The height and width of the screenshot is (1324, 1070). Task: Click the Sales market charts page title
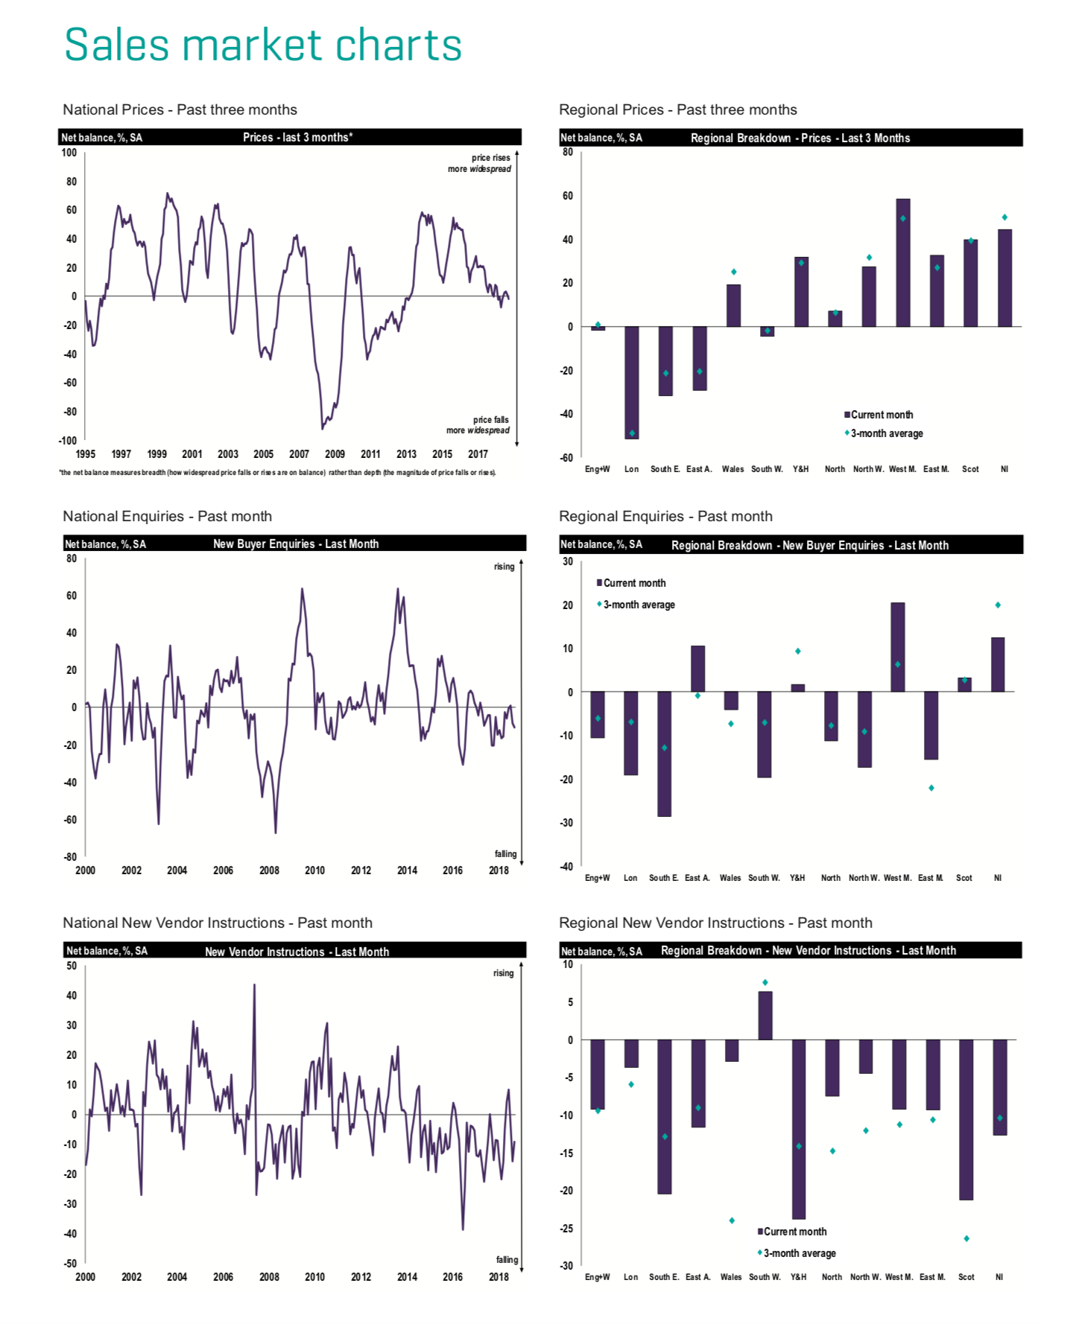pos(263,45)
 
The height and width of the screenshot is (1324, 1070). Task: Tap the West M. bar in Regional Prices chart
pos(902,262)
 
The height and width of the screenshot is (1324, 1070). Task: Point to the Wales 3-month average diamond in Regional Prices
pos(733,272)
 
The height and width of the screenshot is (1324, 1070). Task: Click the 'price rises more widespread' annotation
pos(480,163)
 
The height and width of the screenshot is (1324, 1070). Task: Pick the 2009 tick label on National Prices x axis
pos(335,454)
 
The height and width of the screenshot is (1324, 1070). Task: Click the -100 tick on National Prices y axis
pos(68,441)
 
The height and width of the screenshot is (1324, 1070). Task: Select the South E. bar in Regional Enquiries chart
pos(664,754)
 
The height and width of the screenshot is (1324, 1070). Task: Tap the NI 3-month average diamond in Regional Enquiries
pos(998,605)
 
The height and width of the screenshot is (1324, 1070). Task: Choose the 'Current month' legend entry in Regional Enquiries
pos(634,583)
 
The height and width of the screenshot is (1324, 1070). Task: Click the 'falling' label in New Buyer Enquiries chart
pos(505,854)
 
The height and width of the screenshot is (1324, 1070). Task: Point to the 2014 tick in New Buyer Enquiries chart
pos(407,871)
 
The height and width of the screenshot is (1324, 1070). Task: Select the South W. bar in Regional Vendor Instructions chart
pos(765,1015)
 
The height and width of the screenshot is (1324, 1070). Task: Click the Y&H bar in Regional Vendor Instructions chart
pos(799,1129)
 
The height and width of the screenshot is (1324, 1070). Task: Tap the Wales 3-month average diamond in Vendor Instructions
pos(732,1220)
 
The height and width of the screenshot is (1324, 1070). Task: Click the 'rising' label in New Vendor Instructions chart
pos(503,973)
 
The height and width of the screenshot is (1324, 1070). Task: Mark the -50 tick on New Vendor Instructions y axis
pos(70,1263)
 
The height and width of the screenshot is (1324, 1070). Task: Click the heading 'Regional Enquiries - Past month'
pos(665,516)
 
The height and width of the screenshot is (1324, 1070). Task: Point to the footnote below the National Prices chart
pos(277,473)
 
